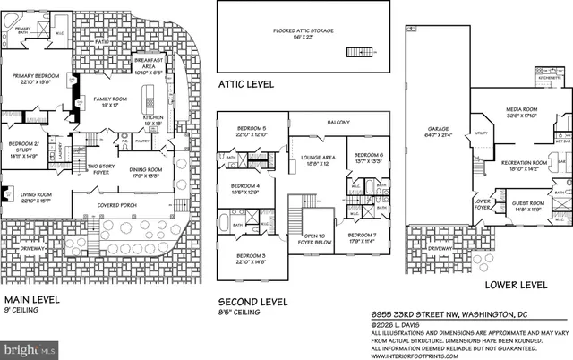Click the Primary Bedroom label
36,79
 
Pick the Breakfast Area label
147,63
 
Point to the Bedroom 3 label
252,259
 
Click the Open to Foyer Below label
319,239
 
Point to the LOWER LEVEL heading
515,285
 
